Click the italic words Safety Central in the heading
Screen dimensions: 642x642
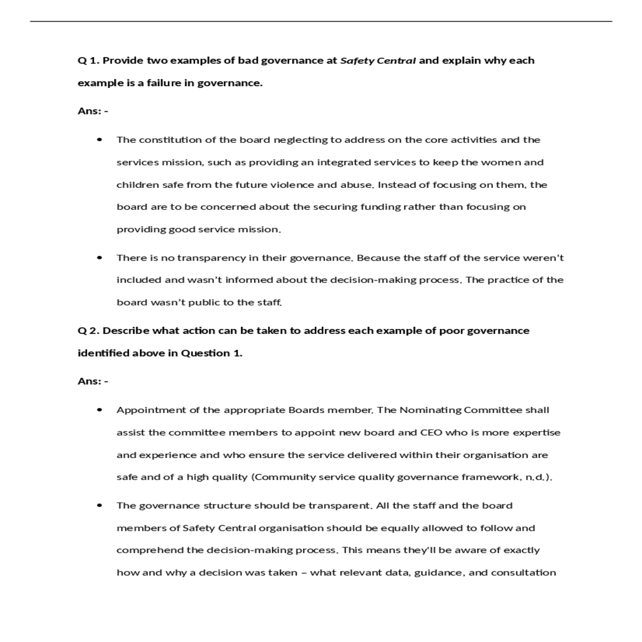378,60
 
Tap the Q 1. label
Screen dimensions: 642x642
89,60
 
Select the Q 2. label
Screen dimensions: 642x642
89,331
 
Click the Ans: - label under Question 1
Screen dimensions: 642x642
93,111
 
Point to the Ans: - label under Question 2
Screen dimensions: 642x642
93,381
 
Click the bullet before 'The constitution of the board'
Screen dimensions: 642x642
100,140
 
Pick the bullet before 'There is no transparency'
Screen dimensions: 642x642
100,257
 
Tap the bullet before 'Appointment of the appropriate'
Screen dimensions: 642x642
100,410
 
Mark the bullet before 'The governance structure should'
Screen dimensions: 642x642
100,505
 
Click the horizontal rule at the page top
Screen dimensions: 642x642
321,21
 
